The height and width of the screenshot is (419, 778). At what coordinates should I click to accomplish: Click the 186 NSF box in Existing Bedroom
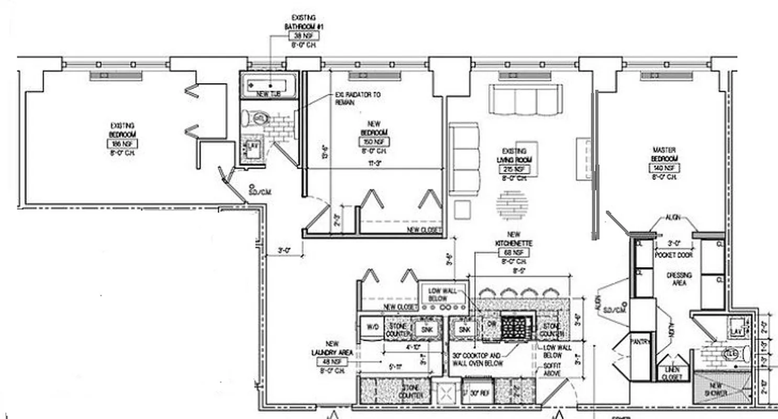(x=123, y=144)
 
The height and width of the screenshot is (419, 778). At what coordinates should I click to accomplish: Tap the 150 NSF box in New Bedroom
(x=374, y=142)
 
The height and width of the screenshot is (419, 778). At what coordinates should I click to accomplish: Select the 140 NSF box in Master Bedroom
(x=664, y=169)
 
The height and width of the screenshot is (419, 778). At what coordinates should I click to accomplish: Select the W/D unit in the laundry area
(x=372, y=327)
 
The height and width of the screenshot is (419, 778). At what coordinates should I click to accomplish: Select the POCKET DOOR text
(x=674, y=255)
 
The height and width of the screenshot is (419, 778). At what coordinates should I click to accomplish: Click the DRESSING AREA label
(x=679, y=279)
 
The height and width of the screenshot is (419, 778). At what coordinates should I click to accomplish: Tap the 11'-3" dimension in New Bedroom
(x=374, y=163)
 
